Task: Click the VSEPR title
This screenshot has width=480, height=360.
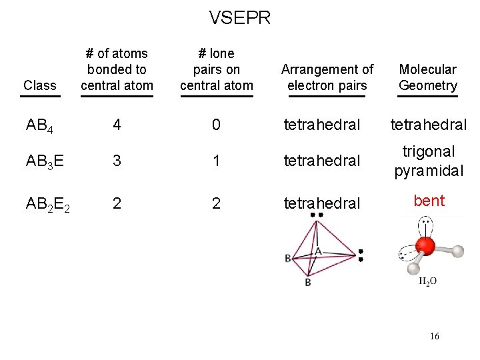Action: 240,17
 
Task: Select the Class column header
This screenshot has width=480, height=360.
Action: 39,85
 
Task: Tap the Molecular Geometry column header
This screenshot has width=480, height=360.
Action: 427,77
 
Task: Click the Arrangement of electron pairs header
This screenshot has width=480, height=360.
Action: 327,77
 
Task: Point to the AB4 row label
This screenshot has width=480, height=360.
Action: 39,125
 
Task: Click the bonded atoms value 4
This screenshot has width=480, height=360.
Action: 117,125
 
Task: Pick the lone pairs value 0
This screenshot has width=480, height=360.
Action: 216,125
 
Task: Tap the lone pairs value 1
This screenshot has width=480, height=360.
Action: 216,161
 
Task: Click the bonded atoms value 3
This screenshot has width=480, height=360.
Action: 117,161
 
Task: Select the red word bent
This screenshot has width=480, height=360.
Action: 429,201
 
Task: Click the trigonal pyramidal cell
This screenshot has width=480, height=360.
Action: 429,161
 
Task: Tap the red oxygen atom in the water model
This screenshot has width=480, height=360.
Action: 425,247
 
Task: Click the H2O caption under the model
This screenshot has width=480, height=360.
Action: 427,281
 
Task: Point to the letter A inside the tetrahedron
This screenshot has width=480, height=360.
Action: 318,251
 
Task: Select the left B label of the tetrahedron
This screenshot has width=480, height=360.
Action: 287,258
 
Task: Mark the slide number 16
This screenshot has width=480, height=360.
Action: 434,337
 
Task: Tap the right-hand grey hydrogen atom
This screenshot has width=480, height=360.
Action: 457,251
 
